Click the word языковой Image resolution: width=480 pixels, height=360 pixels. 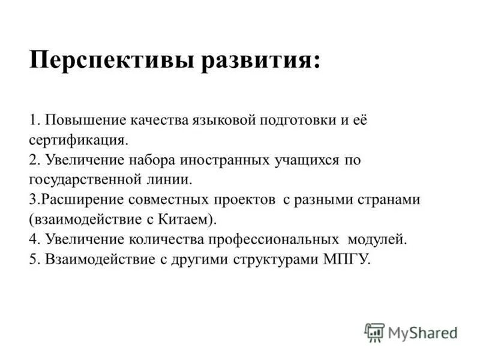click(223, 119)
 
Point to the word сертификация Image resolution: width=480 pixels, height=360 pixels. click(77, 140)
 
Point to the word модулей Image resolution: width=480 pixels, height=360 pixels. click(377, 239)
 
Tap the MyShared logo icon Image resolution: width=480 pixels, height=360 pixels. click(374, 332)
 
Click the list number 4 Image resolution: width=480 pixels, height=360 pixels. click(32, 239)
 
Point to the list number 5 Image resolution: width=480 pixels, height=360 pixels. click(32, 260)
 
